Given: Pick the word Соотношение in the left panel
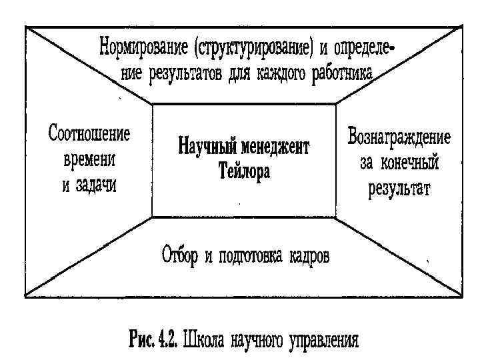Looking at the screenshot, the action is point(89,134).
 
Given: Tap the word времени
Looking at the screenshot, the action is point(89,159).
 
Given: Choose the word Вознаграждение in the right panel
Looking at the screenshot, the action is point(399,139).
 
